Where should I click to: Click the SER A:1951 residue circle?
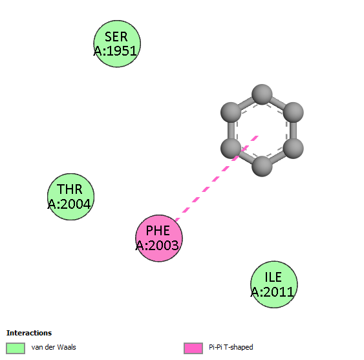coord(117,44)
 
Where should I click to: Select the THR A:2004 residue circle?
coord(71,197)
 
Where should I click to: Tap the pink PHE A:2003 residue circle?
coord(159,238)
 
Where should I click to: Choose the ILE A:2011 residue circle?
coord(274,284)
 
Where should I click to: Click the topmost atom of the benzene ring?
coord(262,94)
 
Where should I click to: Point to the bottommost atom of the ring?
coord(262,166)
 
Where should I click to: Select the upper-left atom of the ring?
coord(231,112)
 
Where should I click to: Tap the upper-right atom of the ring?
coord(294,112)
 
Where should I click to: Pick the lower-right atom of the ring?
coord(294,148)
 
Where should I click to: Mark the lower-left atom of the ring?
coord(231,148)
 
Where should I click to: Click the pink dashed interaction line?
coord(217,178)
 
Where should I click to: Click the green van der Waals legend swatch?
coord(16,348)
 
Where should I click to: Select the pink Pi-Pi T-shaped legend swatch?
coord(193,348)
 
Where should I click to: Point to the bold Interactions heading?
coord(29,333)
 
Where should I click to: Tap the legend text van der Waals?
coord(54,347)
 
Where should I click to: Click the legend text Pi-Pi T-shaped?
coord(231,347)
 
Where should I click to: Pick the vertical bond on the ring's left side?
coord(231,131)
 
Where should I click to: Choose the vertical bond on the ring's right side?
coord(294,131)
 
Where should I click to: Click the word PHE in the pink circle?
coord(158,231)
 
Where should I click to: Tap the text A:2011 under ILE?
coord(272,292)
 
